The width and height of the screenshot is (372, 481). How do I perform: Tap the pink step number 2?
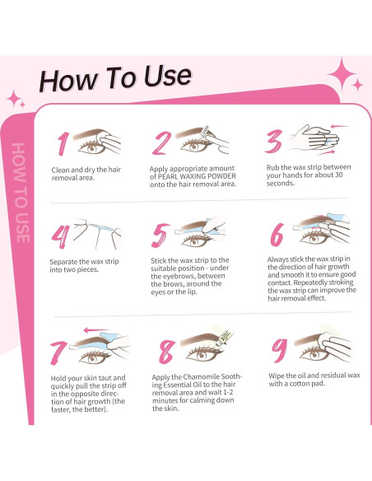pyautogui.click(x=162, y=142)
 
